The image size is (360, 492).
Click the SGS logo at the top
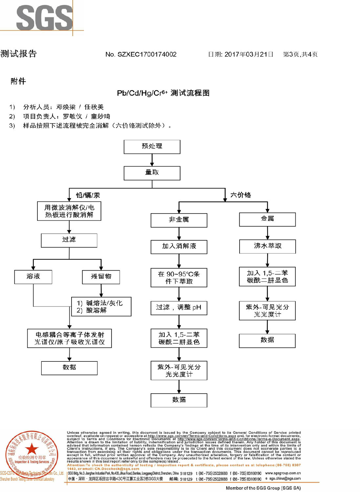(44, 18)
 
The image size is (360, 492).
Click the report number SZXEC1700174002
(141, 54)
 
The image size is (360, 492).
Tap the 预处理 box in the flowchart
(152, 147)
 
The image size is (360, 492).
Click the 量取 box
(152, 173)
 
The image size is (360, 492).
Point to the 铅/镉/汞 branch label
(88, 195)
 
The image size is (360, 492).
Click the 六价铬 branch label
(241, 195)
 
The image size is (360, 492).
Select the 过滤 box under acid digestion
(69, 240)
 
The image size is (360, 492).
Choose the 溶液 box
(33, 277)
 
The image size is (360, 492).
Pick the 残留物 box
(101, 277)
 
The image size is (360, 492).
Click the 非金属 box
(179, 220)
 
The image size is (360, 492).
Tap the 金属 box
(267, 219)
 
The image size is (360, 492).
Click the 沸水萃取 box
(267, 246)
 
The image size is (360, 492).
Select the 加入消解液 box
(179, 247)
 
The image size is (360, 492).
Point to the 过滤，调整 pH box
(179, 308)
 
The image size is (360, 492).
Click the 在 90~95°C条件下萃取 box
(179, 278)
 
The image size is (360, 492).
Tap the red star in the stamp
(32, 449)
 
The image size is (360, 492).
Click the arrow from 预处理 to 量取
(152, 160)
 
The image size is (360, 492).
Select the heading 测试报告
(19, 54)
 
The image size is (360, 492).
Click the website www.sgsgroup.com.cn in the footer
(283, 473)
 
